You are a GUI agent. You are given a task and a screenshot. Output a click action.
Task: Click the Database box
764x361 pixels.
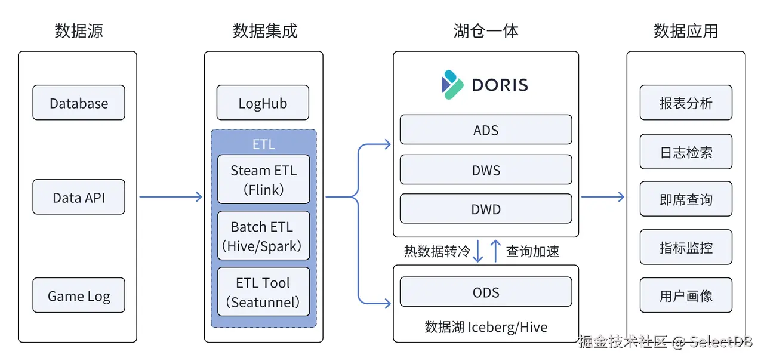click(79, 103)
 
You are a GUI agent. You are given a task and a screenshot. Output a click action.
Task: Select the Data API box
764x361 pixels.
click(79, 197)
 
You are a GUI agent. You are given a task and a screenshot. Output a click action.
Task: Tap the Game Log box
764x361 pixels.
click(79, 295)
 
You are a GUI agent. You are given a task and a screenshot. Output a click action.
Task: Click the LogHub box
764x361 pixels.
click(263, 103)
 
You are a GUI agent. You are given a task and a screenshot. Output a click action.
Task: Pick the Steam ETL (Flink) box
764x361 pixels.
click(263, 180)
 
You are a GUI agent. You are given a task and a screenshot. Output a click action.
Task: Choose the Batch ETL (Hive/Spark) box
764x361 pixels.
click(263, 236)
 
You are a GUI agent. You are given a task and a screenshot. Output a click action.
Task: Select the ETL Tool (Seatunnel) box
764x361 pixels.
click(263, 292)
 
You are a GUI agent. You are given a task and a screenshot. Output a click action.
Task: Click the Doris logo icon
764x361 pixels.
click(452, 85)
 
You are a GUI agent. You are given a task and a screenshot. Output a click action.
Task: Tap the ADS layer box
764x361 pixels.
click(486, 130)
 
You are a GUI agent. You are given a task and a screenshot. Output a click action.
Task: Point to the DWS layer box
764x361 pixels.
click(486, 170)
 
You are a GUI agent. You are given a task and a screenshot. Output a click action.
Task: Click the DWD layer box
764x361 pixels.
click(486, 209)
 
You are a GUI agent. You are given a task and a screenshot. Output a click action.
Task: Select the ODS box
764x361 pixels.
click(486, 292)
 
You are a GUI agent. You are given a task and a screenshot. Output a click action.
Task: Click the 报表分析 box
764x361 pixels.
click(686, 103)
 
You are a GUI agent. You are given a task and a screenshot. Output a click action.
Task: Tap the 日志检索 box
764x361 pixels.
click(686, 152)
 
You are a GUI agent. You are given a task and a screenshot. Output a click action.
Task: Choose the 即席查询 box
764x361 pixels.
click(686, 199)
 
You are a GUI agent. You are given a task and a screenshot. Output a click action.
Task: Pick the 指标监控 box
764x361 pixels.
click(686, 247)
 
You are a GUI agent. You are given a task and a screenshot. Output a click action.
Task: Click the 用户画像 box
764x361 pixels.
click(686, 295)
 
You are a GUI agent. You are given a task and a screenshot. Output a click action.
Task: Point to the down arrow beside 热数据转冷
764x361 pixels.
click(478, 251)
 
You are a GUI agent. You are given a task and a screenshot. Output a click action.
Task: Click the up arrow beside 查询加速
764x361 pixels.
click(495, 251)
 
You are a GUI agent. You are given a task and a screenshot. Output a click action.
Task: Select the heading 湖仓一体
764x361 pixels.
click(486, 31)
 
